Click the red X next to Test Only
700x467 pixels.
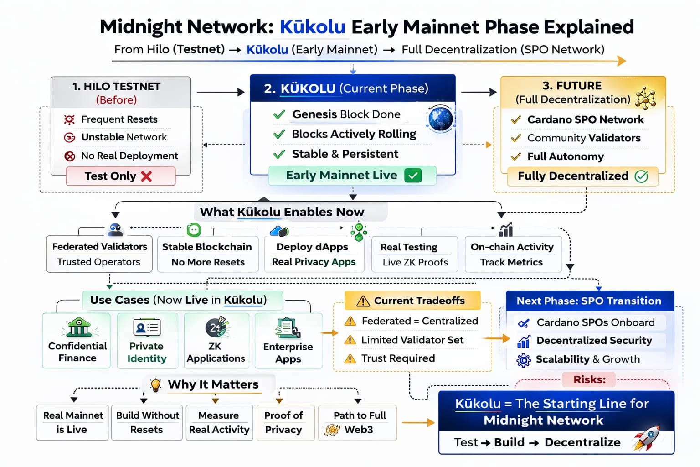[146, 176]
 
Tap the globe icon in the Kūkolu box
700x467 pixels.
[440, 119]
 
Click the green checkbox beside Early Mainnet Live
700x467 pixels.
[413, 176]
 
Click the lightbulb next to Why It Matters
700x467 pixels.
[156, 384]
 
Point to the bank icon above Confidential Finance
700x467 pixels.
[79, 327]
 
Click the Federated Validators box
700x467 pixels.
[99, 254]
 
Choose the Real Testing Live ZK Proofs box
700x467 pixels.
[415, 254]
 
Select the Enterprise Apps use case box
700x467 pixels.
[288, 340]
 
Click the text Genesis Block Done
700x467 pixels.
[346, 114]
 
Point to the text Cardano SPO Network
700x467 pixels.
[585, 119]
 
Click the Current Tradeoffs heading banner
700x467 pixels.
[412, 301]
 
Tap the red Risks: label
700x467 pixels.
[589, 379]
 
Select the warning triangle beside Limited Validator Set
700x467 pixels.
[350, 340]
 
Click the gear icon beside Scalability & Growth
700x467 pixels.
[524, 360]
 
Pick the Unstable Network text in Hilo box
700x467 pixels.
[124, 137]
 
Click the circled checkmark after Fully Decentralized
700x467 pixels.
[641, 176]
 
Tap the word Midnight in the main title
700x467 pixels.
[139, 27]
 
